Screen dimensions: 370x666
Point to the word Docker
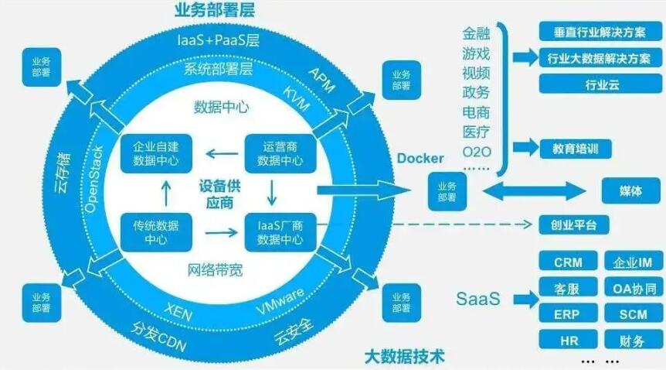pyautogui.click(x=420, y=159)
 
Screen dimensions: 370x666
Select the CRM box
pyautogui.click(x=568, y=263)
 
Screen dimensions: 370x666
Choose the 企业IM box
pyautogui.click(x=632, y=263)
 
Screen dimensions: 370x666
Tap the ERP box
pyautogui.click(x=568, y=314)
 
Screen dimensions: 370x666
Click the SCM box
pyautogui.click(x=632, y=314)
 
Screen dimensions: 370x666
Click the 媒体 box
pyautogui.click(x=630, y=190)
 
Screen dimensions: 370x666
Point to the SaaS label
pyautogui.click(x=477, y=298)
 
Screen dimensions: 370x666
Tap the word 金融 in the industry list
pyautogui.click(x=476, y=34)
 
